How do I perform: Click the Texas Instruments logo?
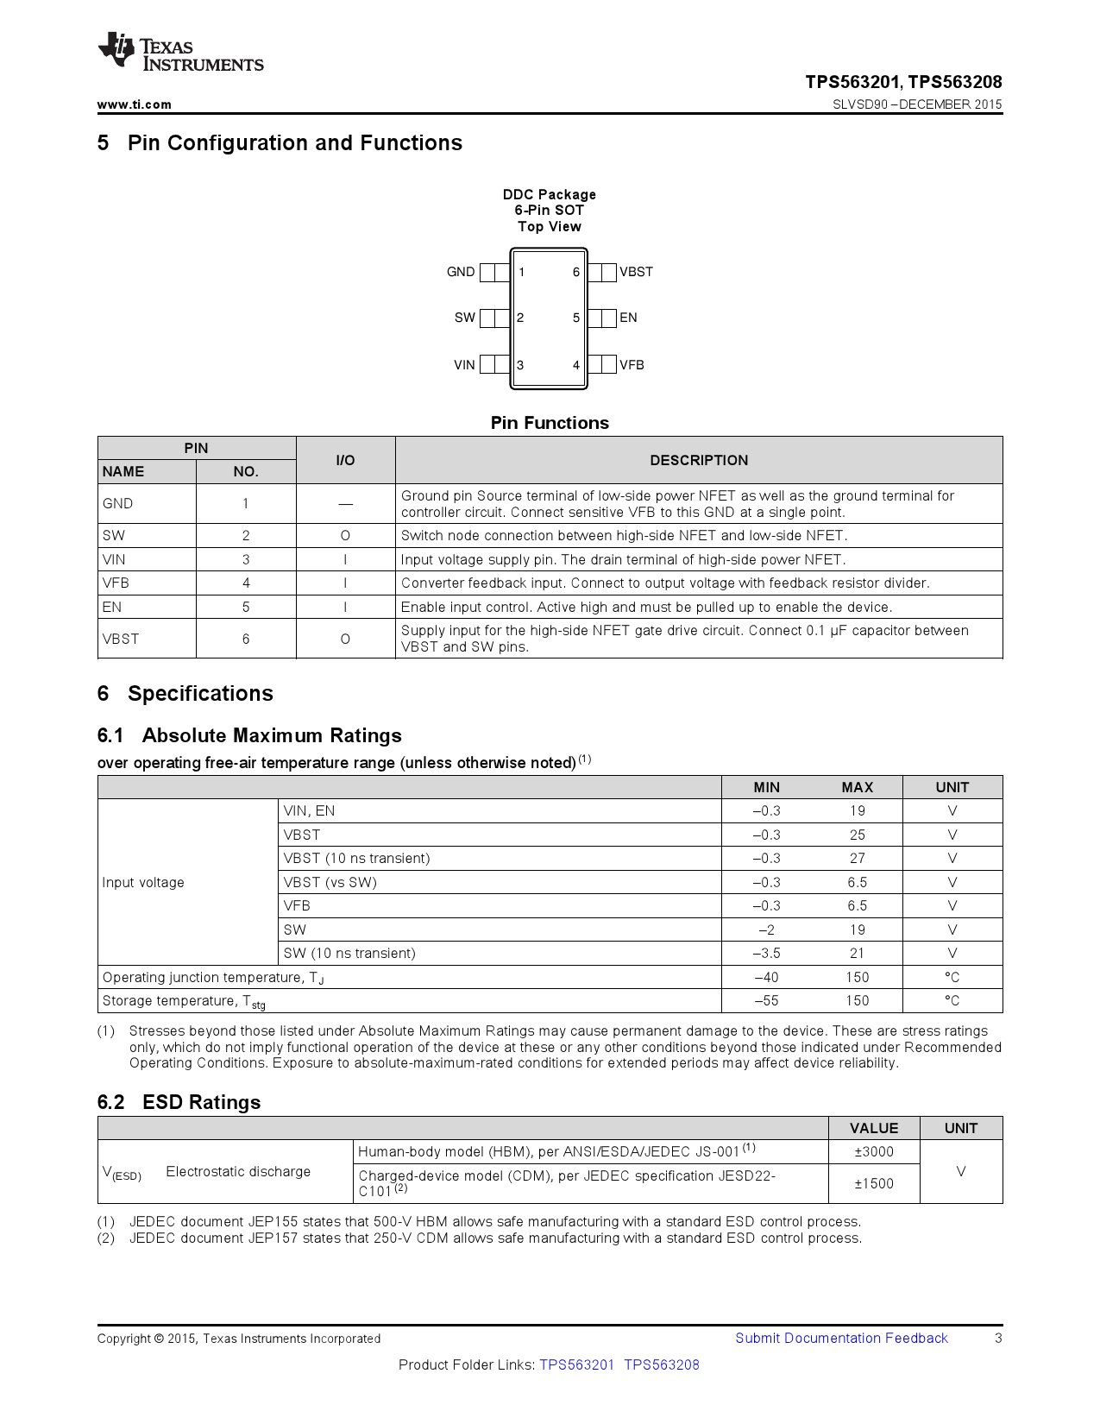180,53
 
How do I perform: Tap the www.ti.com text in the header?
134,104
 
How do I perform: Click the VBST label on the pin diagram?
636,272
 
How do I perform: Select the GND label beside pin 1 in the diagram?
460,272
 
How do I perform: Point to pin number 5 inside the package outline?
576,318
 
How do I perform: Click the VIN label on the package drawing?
464,365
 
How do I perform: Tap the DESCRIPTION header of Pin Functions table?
698,460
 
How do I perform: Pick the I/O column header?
345,460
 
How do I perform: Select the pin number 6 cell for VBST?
246,640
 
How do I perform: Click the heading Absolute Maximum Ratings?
272,735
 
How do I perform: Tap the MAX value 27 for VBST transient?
857,859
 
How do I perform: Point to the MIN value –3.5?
766,954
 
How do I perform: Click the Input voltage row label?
143,883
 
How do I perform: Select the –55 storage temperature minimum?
766,1001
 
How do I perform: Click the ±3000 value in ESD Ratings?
874,1152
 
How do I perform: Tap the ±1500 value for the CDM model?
874,1184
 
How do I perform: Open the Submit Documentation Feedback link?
841,1339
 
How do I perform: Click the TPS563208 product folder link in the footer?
662,1365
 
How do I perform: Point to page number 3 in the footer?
998,1339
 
